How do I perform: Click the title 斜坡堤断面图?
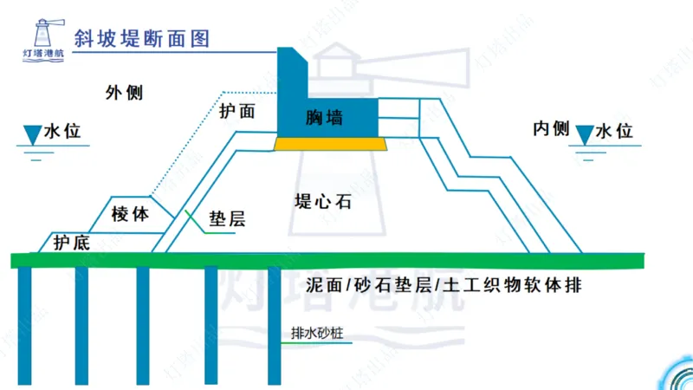142,37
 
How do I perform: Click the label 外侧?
124,92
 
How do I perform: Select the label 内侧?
551,129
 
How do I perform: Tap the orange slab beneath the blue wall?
330,143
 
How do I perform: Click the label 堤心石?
322,202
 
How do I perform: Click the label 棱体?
130,212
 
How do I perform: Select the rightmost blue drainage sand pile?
274,325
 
